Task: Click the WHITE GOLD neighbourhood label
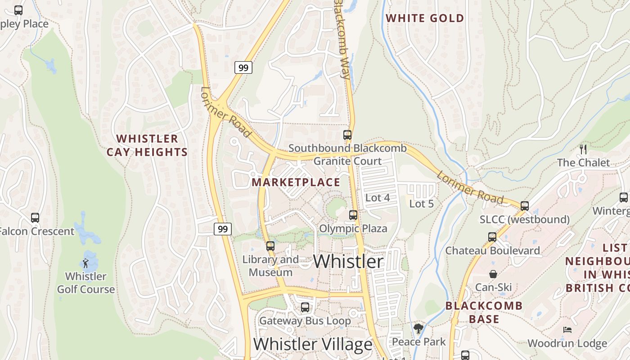tap(425, 18)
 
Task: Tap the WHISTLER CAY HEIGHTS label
tap(147, 145)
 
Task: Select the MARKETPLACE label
tap(296, 182)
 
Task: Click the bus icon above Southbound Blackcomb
tap(347, 135)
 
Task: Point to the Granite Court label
tap(347, 161)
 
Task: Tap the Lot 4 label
tap(378, 198)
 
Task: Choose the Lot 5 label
tap(421, 204)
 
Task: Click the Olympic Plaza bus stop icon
tap(353, 215)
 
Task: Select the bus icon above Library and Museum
tap(270, 246)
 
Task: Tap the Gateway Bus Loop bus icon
tap(305, 307)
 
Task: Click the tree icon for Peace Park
tap(418, 328)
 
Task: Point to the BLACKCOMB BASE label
tap(484, 312)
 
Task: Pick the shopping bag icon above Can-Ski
tap(493, 274)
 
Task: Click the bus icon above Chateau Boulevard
tap(492, 237)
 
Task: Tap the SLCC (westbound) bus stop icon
tap(524, 206)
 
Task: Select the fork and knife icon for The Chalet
tap(583, 149)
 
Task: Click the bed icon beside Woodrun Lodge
tap(567, 330)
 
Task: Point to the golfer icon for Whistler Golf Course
tap(85, 263)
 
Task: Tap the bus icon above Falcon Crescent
tap(35, 218)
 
